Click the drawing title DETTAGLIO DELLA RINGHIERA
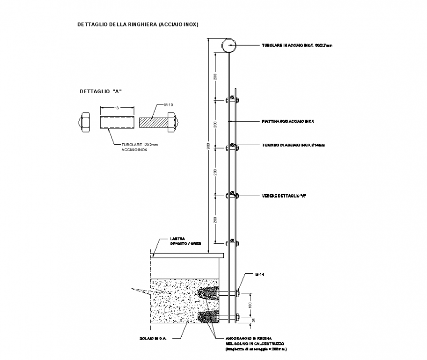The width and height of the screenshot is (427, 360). pyautogui.click(x=138, y=24)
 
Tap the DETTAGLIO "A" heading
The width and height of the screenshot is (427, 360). pyautogui.click(x=100, y=91)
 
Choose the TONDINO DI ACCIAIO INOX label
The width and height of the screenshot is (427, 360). pyautogui.click(x=293, y=146)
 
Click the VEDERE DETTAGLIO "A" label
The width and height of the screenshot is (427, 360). pyautogui.click(x=284, y=195)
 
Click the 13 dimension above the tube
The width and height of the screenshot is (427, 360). pyautogui.click(x=116, y=107)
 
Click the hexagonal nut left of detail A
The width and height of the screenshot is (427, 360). pyautogui.click(x=84, y=122)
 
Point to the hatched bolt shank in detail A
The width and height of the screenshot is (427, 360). pyautogui.click(x=154, y=122)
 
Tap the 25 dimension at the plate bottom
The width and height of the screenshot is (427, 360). pyautogui.click(x=253, y=320)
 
